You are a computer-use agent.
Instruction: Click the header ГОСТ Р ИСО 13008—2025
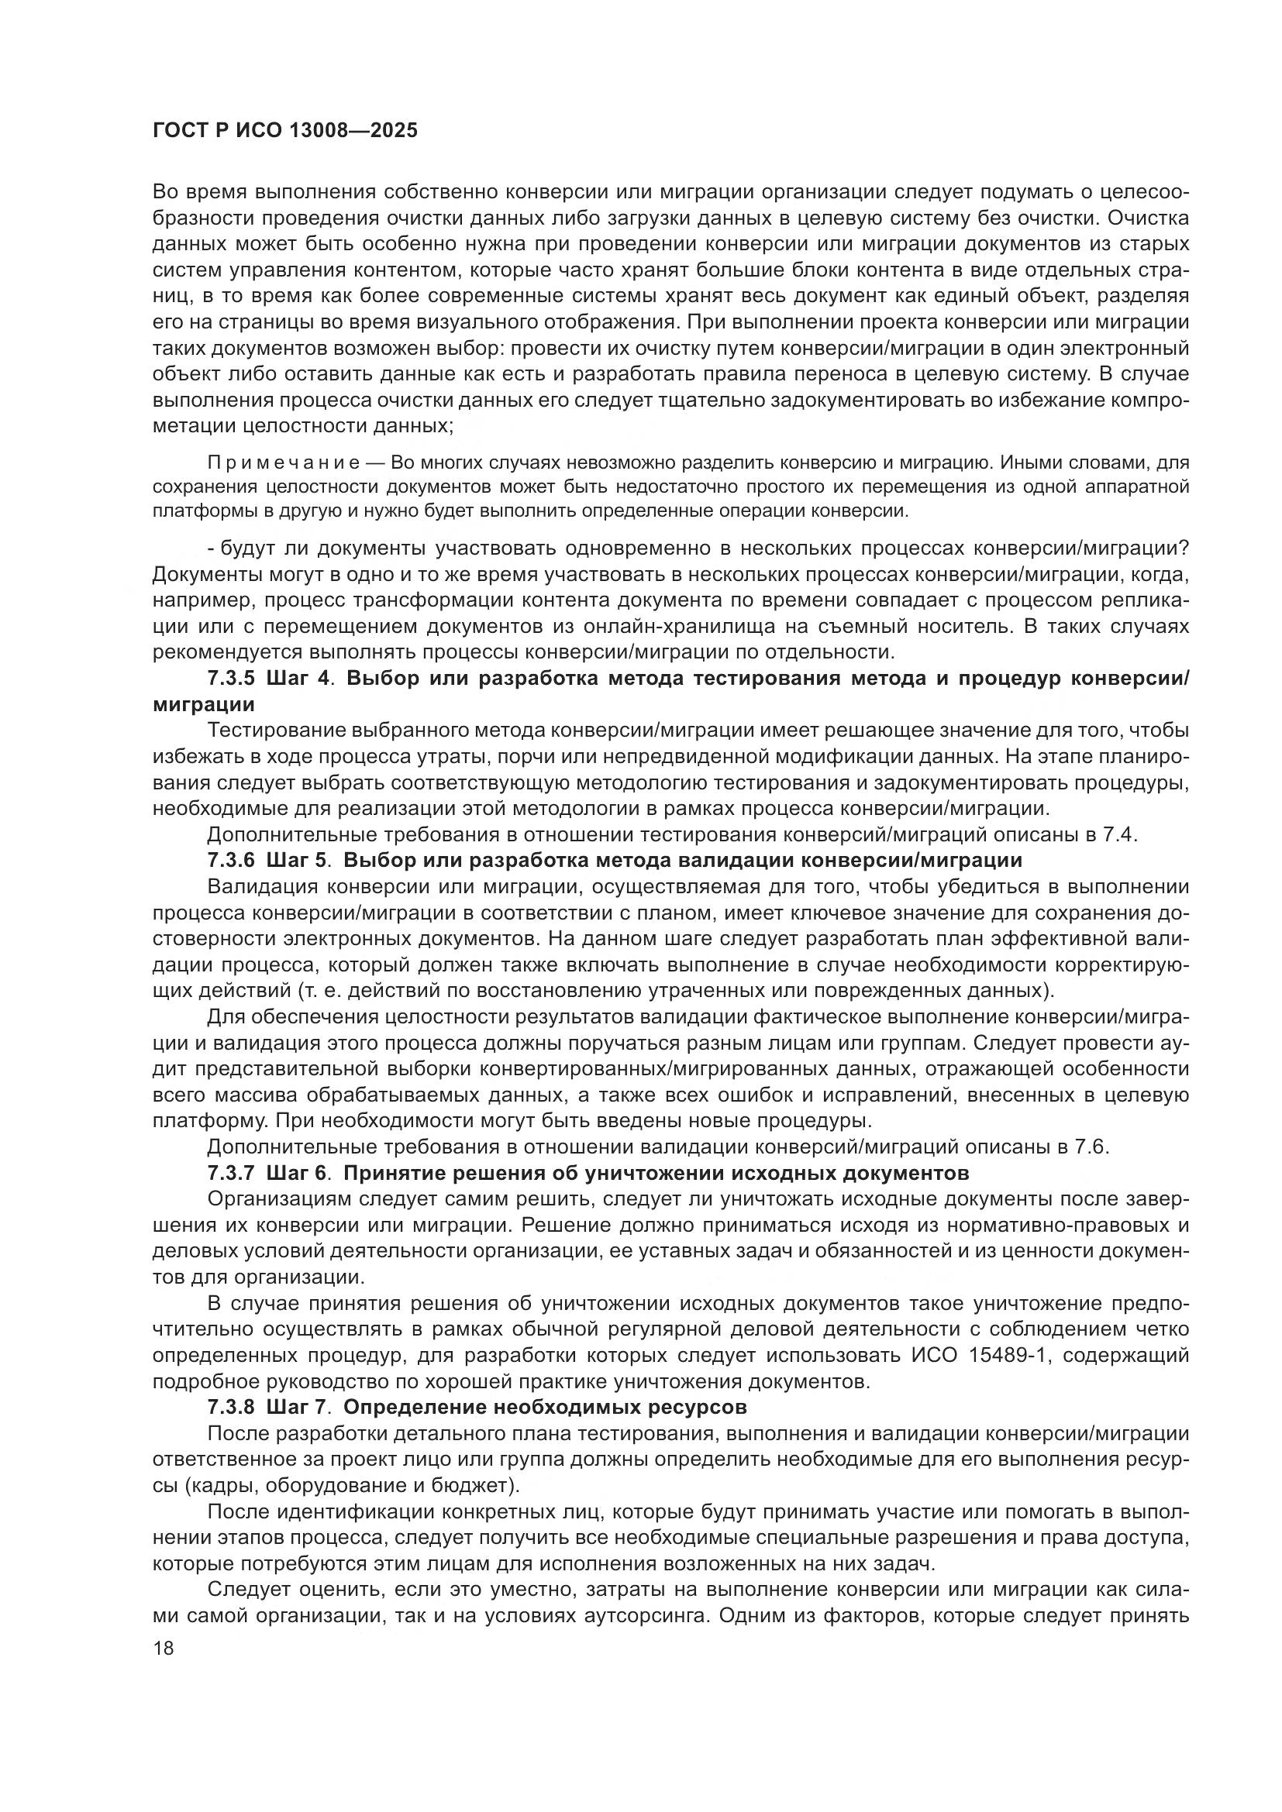pyautogui.click(x=285, y=131)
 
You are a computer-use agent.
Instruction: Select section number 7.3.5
pyautogui.click(x=231, y=679)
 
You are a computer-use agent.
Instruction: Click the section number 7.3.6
pyautogui.click(x=231, y=860)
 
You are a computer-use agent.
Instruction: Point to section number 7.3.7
pyautogui.click(x=231, y=1173)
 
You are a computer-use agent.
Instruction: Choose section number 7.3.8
pyautogui.click(x=231, y=1407)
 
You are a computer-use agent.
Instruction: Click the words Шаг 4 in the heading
pyautogui.click(x=297, y=679)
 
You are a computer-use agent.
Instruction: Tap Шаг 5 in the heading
pyautogui.click(x=297, y=860)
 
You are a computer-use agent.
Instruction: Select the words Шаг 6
pyautogui.click(x=297, y=1173)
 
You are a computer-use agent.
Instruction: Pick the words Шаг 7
pyautogui.click(x=297, y=1407)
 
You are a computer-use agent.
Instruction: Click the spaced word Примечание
pyautogui.click(x=284, y=462)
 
